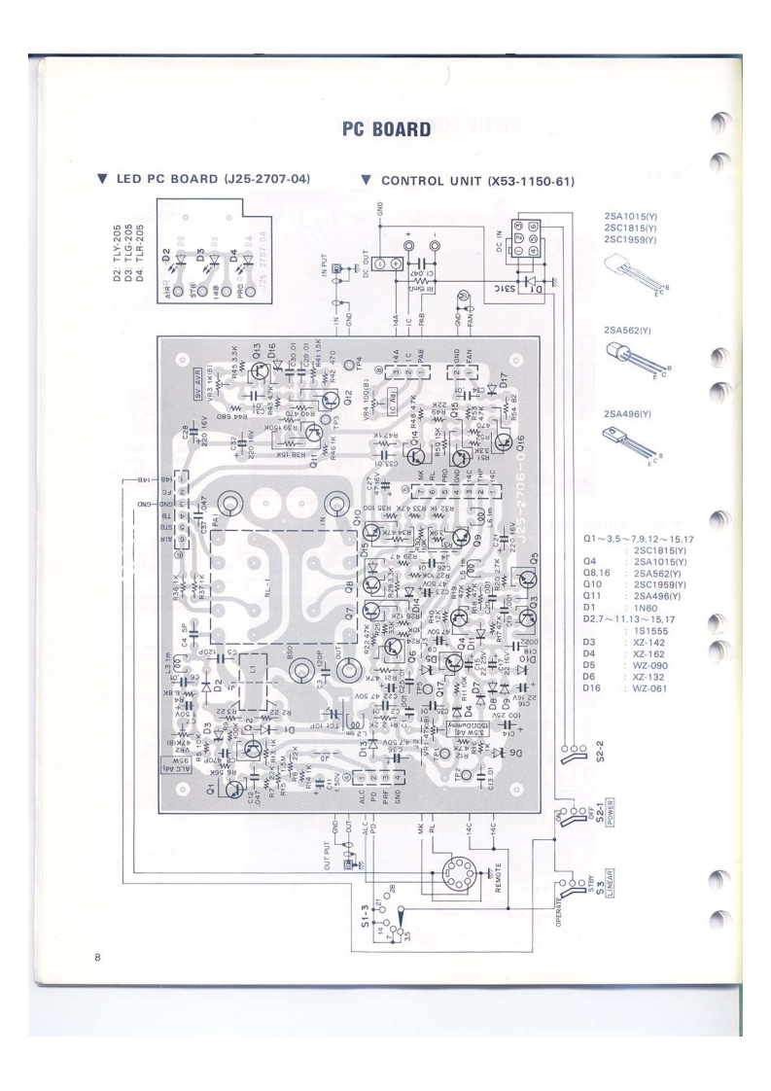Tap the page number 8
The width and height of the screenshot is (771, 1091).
(97, 930)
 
